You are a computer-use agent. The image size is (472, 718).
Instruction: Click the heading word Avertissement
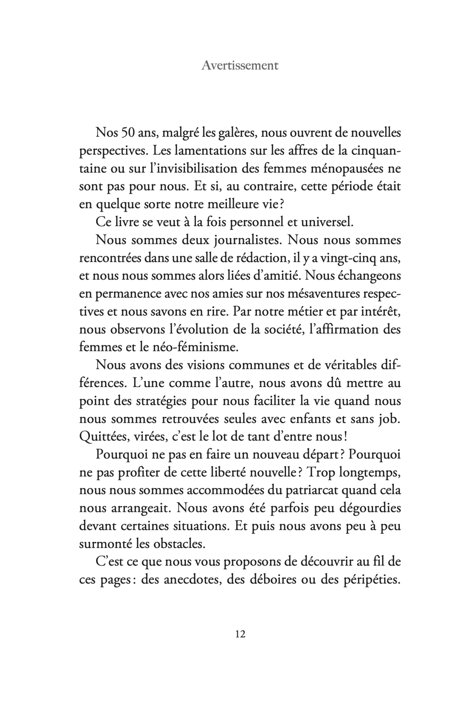(240, 66)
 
